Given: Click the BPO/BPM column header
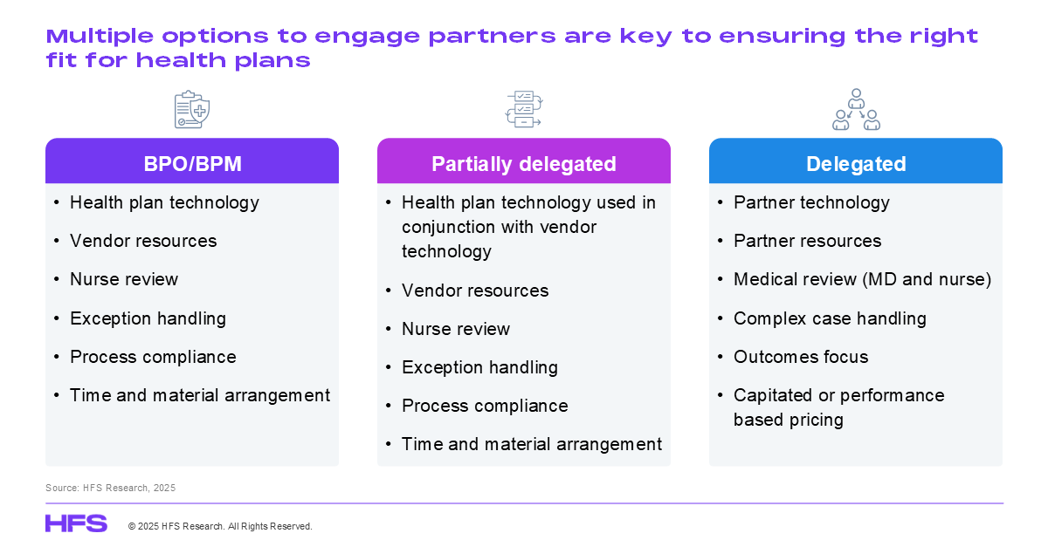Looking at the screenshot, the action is (x=192, y=161).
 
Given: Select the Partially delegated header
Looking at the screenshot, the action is (x=524, y=161).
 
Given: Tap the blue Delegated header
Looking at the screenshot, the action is (x=856, y=161).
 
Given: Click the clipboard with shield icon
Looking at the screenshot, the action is (x=192, y=109).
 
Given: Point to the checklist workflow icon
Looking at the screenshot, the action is (x=524, y=109).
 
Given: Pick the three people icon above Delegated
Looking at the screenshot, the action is (x=856, y=109).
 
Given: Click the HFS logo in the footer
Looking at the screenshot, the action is (x=76, y=523).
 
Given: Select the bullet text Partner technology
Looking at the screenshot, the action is (x=811, y=202).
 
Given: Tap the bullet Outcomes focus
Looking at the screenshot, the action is (x=801, y=357).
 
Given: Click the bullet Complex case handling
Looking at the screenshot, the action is (x=830, y=318).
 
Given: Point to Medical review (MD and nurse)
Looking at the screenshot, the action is (x=862, y=279).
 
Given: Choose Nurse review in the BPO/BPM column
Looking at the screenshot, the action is (x=124, y=279).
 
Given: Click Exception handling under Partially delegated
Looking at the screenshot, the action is (x=480, y=367).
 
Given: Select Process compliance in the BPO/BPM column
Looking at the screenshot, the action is (x=153, y=357).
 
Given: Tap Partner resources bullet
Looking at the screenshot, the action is (x=808, y=241).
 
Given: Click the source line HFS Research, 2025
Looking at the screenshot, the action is (x=110, y=488).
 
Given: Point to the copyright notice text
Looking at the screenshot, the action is (x=220, y=526).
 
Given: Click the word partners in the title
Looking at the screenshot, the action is (x=492, y=37).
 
